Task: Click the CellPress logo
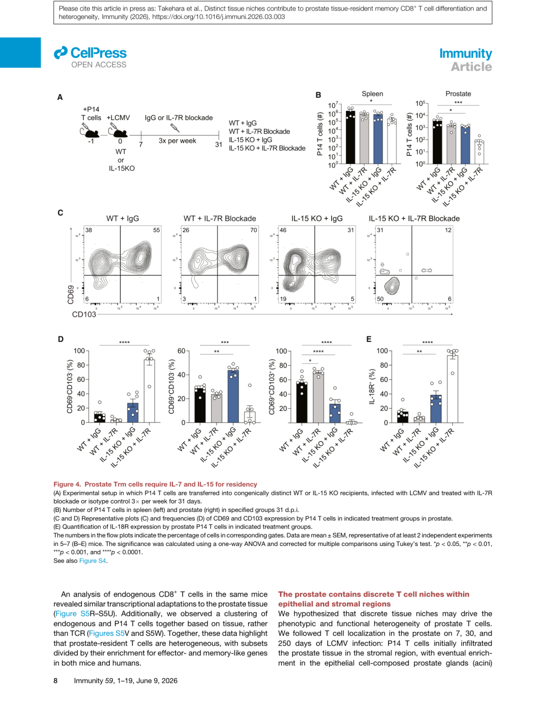point(90,53)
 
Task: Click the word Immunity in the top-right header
point(465,53)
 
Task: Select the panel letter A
point(60,97)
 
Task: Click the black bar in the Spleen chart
point(350,137)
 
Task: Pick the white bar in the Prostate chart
point(479,151)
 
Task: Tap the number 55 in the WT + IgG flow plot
point(156,230)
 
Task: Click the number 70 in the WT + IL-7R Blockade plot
point(253,230)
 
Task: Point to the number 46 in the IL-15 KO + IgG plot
point(283,230)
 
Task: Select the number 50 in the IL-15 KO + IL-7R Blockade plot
point(380,299)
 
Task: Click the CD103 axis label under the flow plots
point(84,314)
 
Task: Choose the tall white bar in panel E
point(452,389)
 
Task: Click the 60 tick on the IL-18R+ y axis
point(384,379)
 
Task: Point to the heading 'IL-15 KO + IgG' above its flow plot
point(317,218)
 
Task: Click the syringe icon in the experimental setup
point(174,127)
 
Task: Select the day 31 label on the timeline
point(218,144)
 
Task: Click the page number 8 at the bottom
point(55,680)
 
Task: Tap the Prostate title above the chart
point(458,93)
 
